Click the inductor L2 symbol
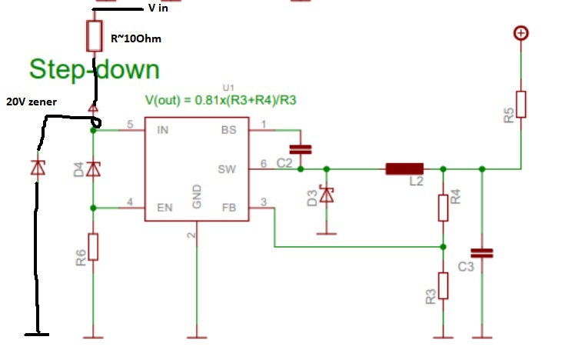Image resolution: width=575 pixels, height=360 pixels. pyautogui.click(x=404, y=168)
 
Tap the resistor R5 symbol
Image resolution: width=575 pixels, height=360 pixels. pyautogui.click(x=521, y=104)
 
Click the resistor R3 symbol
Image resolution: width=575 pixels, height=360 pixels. pyautogui.click(x=443, y=286)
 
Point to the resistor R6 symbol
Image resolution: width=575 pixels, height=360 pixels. pyautogui.click(x=93, y=247)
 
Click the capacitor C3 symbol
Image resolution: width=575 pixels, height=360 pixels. pyautogui.click(x=482, y=252)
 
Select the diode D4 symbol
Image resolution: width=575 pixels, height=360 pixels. pyautogui.click(x=93, y=168)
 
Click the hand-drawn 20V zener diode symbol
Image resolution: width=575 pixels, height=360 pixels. pyautogui.click(x=37, y=167)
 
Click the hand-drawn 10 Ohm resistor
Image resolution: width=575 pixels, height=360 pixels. pyautogui.click(x=95, y=35)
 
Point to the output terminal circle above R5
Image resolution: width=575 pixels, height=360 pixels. pyautogui.click(x=521, y=33)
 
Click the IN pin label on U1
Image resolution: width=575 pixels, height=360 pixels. pyautogui.click(x=162, y=130)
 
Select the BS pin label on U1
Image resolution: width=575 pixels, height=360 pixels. pyautogui.click(x=228, y=130)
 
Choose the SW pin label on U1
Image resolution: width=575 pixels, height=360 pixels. pyautogui.click(x=227, y=168)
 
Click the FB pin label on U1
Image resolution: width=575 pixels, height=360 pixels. pyautogui.click(x=228, y=208)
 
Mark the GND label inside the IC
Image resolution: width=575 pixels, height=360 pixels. pyautogui.click(x=196, y=196)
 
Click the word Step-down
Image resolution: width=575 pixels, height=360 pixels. pyautogui.click(x=94, y=70)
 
